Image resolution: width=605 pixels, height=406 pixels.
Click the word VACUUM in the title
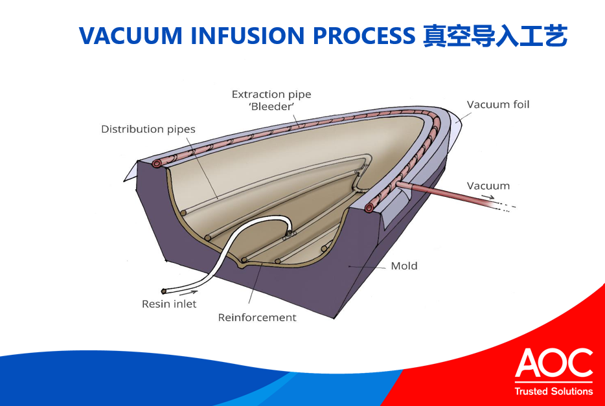[130, 36]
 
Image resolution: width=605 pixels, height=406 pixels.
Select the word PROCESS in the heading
[363, 36]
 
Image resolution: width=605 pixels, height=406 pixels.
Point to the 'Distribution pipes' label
[148, 130]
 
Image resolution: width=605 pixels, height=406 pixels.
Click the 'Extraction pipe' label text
[271, 95]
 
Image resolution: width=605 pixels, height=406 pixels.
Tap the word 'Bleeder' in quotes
[271, 107]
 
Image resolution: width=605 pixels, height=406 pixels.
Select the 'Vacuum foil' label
[497, 104]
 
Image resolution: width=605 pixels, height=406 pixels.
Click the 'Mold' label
[404, 266]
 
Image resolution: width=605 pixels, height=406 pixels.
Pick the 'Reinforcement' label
[257, 317]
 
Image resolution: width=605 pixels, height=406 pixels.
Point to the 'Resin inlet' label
[169, 304]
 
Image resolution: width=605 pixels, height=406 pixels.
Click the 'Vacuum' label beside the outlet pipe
[488, 186]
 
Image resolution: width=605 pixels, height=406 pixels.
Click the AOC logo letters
[553, 364]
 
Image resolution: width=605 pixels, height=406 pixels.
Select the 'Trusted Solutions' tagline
[553, 391]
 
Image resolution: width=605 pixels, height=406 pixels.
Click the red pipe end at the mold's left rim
[157, 164]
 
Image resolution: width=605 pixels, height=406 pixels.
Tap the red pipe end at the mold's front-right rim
[369, 208]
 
